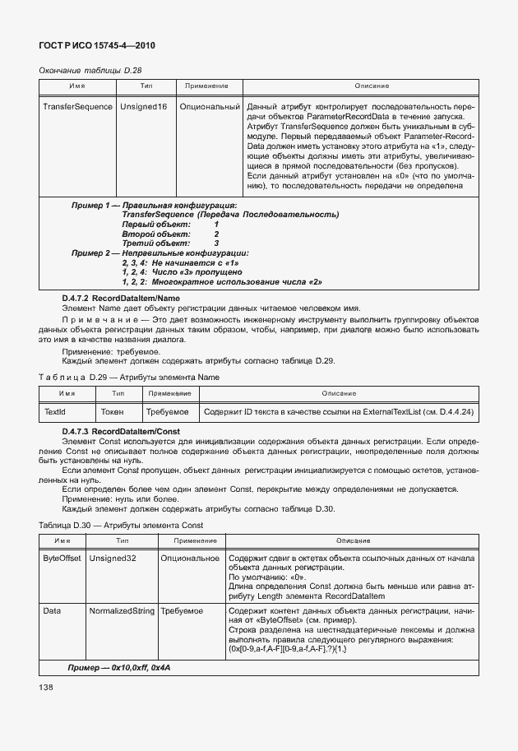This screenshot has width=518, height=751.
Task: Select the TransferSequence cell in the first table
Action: [77, 107]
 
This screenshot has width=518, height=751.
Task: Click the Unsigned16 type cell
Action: [143, 107]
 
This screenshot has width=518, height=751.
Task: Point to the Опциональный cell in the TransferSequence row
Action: [209, 107]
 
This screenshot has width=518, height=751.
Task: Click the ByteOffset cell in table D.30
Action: [62, 558]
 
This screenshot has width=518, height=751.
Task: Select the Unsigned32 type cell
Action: [113, 558]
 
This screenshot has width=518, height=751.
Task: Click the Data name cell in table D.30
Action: [52, 613]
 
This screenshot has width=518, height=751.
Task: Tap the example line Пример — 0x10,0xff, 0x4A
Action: [118, 667]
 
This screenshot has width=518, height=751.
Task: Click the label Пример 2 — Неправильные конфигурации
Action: [160, 253]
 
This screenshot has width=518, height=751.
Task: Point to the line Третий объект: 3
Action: [170, 243]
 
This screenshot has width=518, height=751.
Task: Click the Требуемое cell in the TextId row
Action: [167, 411]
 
